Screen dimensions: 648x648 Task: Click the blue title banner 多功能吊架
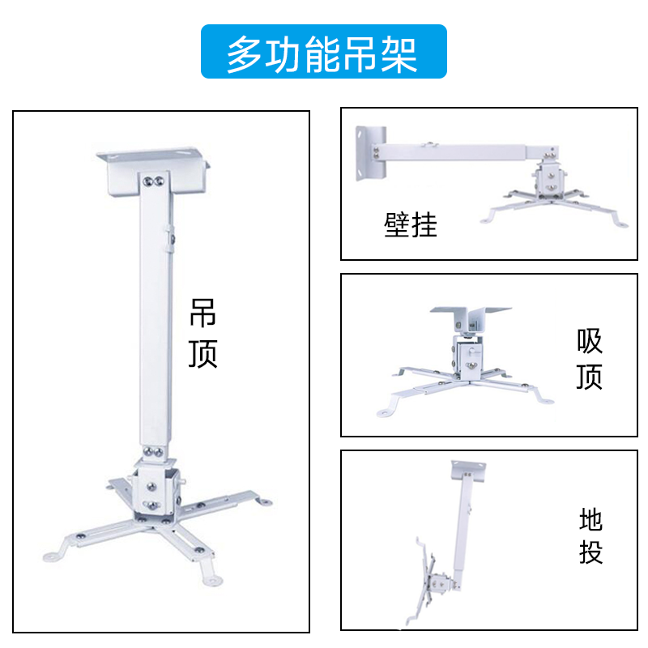[323, 52]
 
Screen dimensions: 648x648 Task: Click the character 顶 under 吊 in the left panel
[202, 353]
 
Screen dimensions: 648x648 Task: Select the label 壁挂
[411, 224]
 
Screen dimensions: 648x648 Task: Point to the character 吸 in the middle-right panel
[590, 341]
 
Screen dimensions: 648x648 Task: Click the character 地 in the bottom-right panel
[590, 519]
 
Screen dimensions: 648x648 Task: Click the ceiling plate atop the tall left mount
[152, 166]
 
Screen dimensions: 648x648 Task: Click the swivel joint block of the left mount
[154, 489]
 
